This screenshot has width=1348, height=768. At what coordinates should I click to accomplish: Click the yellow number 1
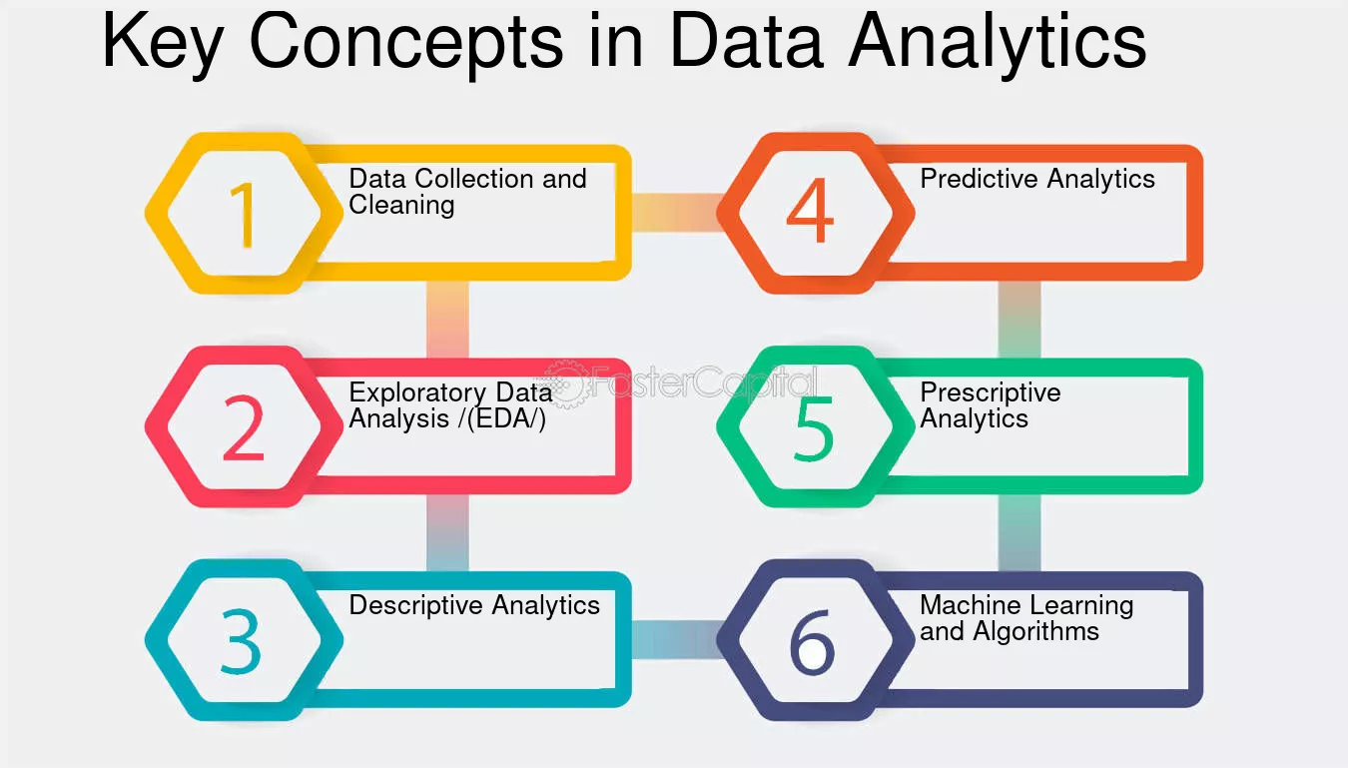pyautogui.click(x=244, y=215)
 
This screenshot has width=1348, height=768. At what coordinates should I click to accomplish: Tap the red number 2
pyautogui.click(x=244, y=429)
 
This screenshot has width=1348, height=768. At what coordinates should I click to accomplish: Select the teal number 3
pyautogui.click(x=241, y=641)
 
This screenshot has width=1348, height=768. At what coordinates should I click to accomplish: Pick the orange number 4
pyautogui.click(x=810, y=210)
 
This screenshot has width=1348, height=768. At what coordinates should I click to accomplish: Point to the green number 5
pyautogui.click(x=814, y=429)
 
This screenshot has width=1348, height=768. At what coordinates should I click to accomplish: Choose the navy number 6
pyautogui.click(x=813, y=642)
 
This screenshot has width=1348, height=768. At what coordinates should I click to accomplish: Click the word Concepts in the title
pyautogui.click(x=406, y=43)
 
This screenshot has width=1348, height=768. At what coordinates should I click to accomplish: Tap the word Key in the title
pyautogui.click(x=163, y=43)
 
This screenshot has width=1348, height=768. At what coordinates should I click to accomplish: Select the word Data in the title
pyautogui.click(x=746, y=40)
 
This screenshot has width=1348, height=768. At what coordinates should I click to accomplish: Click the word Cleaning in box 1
pyautogui.click(x=401, y=206)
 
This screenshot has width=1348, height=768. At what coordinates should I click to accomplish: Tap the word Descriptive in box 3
pyautogui.click(x=415, y=605)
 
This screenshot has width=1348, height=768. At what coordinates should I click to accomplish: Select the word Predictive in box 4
pyautogui.click(x=980, y=178)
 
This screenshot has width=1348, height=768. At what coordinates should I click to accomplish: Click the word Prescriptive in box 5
pyautogui.click(x=991, y=393)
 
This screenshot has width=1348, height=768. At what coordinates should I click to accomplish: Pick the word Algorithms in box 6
pyautogui.click(x=1035, y=631)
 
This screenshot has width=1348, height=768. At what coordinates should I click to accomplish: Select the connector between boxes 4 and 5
pyautogui.click(x=1019, y=320)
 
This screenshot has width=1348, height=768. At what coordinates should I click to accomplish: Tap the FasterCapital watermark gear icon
pyautogui.click(x=564, y=384)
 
